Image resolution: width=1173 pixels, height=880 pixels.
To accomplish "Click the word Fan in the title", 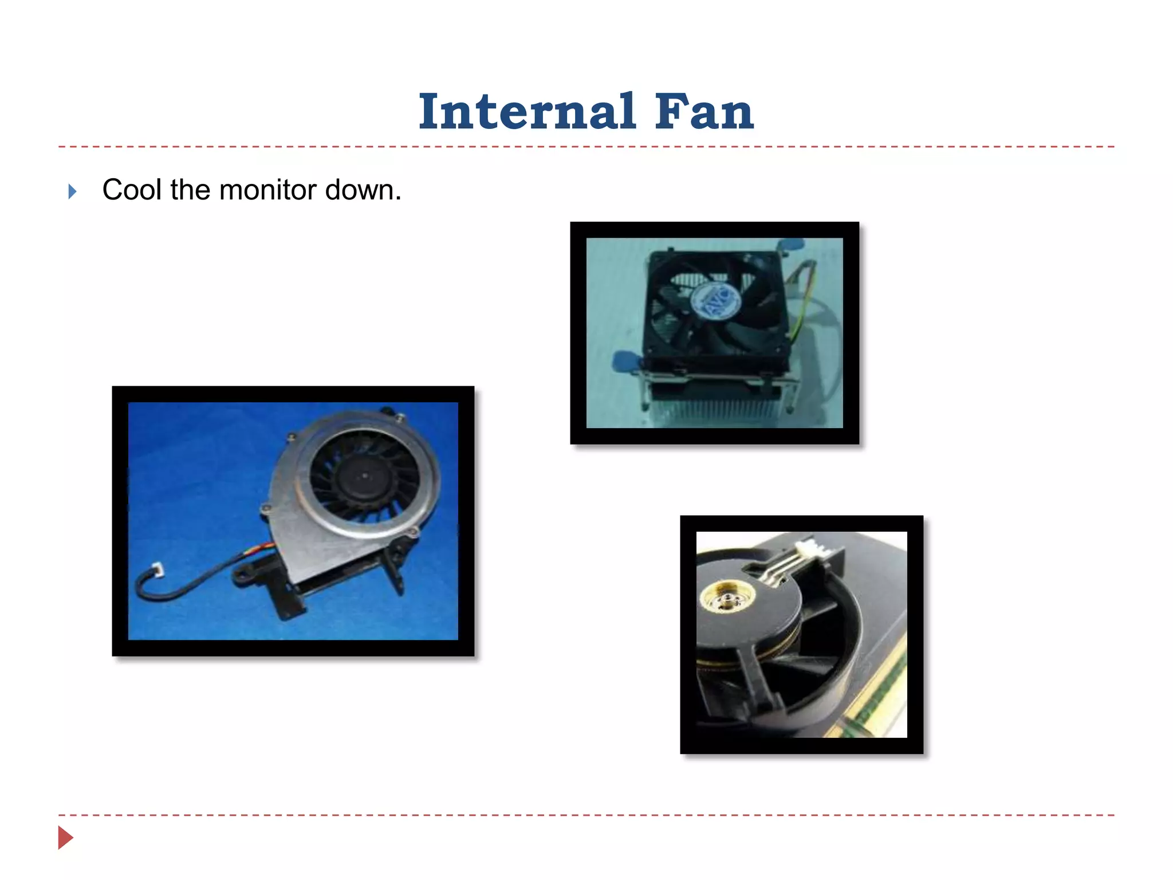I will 704,112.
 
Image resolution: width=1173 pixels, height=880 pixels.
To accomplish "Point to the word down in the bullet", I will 363,190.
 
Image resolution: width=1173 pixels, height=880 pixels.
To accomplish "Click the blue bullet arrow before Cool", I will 72,191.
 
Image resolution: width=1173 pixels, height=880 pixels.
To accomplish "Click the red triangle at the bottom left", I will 65,838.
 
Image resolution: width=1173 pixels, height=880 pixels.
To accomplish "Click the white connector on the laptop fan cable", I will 157,570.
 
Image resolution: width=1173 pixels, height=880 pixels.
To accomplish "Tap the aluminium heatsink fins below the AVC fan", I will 716,410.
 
